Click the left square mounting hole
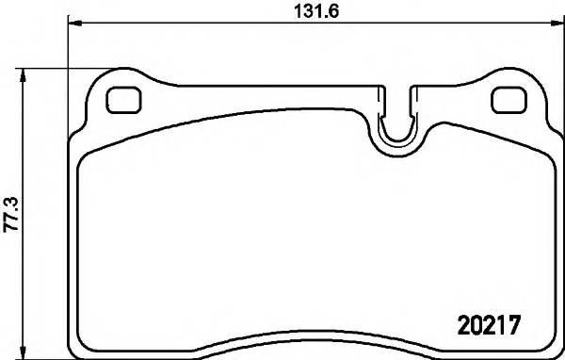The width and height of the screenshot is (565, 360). coord(122,99)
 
